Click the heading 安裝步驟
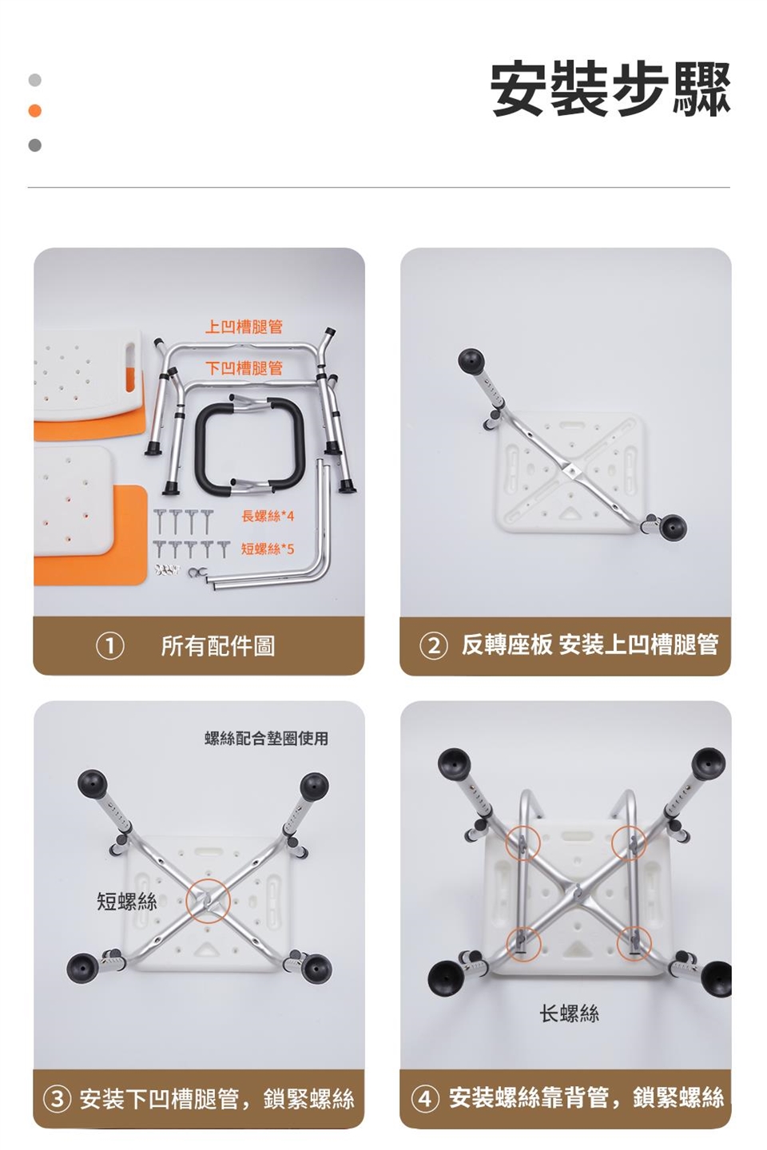coord(610,90)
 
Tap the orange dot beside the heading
coord(35,111)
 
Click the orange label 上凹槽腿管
coord(244,327)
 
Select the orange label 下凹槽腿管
coord(244,367)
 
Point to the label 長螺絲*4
coord(268,517)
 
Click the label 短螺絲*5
coord(268,549)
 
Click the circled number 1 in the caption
coord(110,646)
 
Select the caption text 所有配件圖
coord(218,646)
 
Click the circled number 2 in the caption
coord(434,646)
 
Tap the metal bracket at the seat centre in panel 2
coord(570,470)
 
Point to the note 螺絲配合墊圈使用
coord(266,738)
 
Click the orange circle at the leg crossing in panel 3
coord(208,902)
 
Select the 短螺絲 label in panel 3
coord(127,902)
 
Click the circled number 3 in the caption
coord(58,1099)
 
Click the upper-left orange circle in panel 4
coord(523,842)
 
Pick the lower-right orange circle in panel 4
coord(634,942)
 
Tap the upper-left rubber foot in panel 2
coord(471,360)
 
